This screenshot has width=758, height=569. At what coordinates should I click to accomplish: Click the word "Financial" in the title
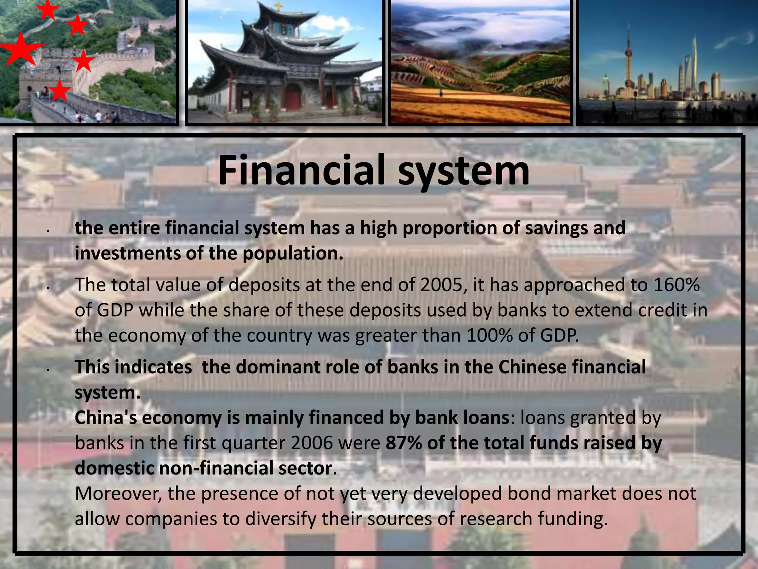(x=303, y=171)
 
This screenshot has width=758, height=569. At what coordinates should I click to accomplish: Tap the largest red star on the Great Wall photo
(x=20, y=49)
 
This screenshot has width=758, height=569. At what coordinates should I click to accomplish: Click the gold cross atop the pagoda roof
(x=278, y=6)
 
